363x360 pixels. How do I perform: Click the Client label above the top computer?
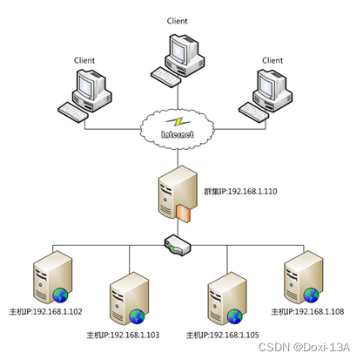pyautogui.click(x=177, y=21)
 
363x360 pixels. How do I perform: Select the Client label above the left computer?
pyautogui.click(x=84, y=60)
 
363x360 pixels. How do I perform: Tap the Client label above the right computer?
pyautogui.click(x=272, y=60)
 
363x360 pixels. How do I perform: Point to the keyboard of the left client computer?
pyautogui.click(x=73, y=112)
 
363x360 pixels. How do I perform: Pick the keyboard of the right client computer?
pyautogui.click(x=254, y=112)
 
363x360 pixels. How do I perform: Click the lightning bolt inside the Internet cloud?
pyautogui.click(x=178, y=122)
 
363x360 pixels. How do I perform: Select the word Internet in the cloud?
pyautogui.click(x=178, y=134)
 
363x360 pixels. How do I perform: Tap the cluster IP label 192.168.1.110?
pyautogui.click(x=240, y=192)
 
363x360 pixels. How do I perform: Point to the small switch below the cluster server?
pyautogui.click(x=178, y=245)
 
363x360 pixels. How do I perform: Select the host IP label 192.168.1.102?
pyautogui.click(x=46, y=312)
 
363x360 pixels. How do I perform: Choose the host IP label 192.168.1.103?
pyautogui.click(x=123, y=335)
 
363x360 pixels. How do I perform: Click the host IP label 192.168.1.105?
pyautogui.click(x=222, y=335)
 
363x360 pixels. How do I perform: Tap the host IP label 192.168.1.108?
pyautogui.click(x=307, y=312)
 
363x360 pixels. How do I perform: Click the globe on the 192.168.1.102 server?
pyautogui.click(x=60, y=295)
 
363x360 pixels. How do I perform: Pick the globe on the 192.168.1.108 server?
pyautogui.click(x=311, y=295)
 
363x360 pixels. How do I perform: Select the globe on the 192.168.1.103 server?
pyautogui.click(x=137, y=316)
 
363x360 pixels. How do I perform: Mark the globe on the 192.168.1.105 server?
pyautogui.click(x=235, y=316)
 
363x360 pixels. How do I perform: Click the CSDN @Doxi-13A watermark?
pyautogui.click(x=304, y=347)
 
